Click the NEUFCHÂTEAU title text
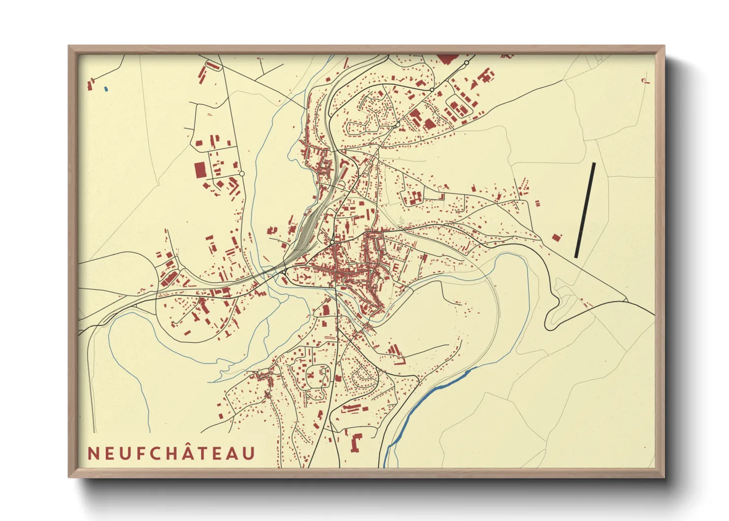tap(171, 453)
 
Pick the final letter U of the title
tap(249, 454)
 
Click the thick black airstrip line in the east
tap(585, 210)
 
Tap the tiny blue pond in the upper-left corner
tap(106, 89)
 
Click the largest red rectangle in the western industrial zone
tap(199, 170)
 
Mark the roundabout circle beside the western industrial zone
tap(241, 173)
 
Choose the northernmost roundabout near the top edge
tap(466, 63)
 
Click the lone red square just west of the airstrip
tap(557, 237)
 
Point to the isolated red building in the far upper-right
tap(645, 80)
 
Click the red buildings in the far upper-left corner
tap(90, 84)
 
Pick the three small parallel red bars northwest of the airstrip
tap(524, 186)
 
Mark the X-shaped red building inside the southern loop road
tap(312, 377)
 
